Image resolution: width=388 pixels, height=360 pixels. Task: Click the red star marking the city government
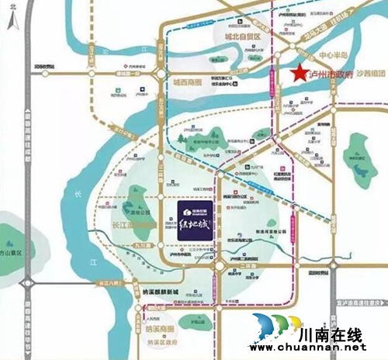point(297,74)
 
